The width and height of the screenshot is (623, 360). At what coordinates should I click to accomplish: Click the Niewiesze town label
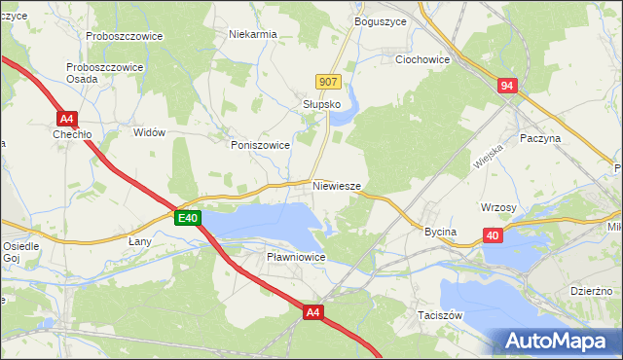tap(338, 185)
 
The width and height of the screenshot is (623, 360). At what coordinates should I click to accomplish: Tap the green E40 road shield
tap(188, 219)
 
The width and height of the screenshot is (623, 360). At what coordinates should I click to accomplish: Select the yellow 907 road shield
tap(328, 83)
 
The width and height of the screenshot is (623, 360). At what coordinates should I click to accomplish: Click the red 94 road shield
tap(507, 87)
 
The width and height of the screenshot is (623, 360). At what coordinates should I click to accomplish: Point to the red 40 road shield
tap(493, 235)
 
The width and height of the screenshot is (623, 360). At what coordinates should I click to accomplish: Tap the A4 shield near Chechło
tap(66, 119)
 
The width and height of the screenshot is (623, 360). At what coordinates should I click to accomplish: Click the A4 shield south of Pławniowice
tap(312, 312)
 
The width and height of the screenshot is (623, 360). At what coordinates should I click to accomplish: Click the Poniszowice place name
tap(261, 144)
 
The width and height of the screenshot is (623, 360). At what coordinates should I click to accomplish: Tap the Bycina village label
tap(440, 232)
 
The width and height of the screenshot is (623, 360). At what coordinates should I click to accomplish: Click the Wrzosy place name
tap(497, 207)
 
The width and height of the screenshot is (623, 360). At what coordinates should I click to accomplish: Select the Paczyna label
tap(541, 139)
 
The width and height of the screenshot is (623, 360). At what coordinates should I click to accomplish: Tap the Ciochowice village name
tap(422, 59)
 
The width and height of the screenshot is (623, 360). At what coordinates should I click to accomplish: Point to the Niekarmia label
tap(252, 34)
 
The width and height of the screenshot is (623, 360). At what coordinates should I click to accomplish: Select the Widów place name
tap(149, 131)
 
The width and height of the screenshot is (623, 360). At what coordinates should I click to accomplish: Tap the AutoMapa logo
tap(559, 341)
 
